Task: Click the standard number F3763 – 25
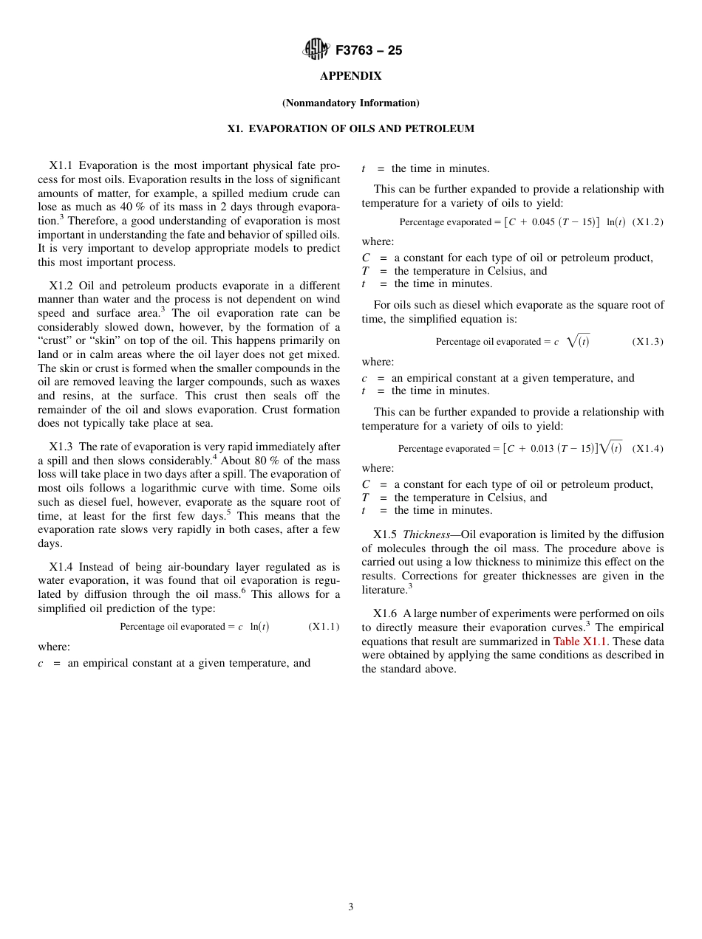coord(369,51)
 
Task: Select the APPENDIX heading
coord(351,76)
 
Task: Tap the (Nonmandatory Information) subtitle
coord(351,103)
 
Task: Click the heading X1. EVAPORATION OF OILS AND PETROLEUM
coord(351,128)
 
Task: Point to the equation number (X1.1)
coord(324,627)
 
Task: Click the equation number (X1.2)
coord(648,222)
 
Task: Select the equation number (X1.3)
coord(648,342)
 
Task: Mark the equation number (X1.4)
coord(648,449)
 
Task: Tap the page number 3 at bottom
coord(351,907)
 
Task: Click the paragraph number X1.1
coord(61,165)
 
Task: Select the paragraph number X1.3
coord(61,447)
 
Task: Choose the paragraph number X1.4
coord(61,567)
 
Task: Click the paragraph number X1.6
coord(385,613)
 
